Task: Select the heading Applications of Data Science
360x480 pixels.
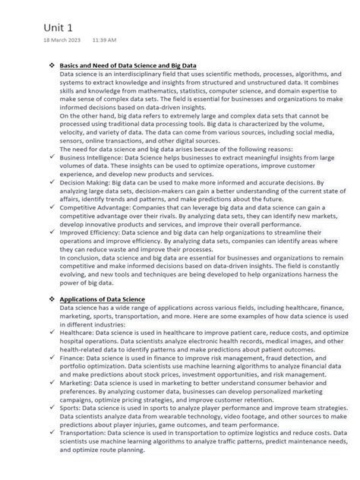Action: (x=102, y=299)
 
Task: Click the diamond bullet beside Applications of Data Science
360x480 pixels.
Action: (x=51, y=299)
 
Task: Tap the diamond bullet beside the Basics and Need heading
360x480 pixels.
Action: (x=51, y=66)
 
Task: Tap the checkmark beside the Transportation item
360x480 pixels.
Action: (x=51, y=434)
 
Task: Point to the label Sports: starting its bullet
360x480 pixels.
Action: (x=71, y=407)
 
